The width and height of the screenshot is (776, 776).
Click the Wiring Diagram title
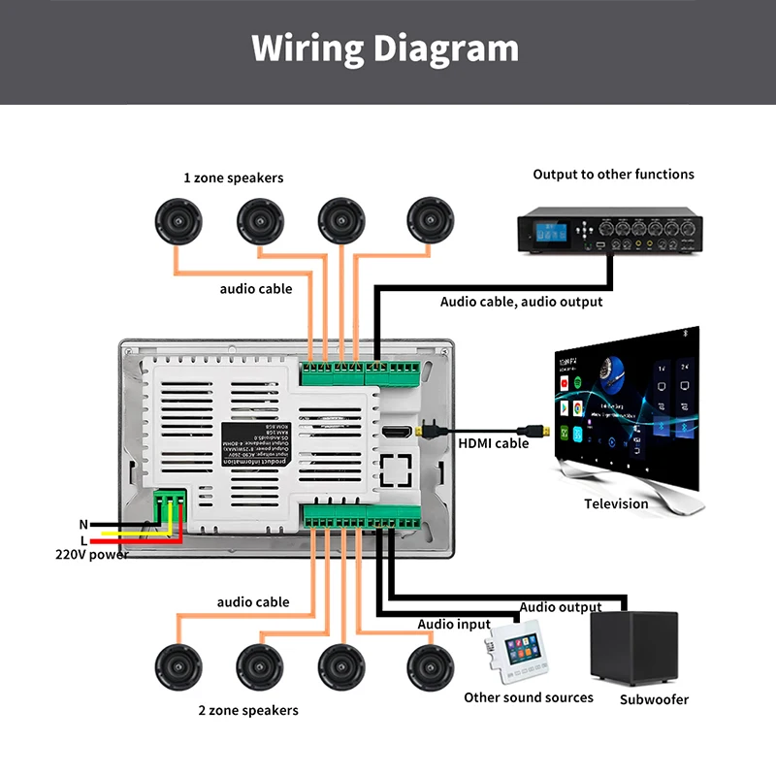385,48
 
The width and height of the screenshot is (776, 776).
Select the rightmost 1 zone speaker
430,221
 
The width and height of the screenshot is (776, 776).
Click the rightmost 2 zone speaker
430,667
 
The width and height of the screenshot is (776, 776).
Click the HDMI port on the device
395,432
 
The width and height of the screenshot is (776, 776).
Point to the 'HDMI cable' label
493,443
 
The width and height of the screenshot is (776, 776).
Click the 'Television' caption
616,503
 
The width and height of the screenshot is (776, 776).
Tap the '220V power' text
91,555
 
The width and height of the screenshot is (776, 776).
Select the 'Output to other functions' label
613,175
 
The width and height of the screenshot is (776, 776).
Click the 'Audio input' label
454,624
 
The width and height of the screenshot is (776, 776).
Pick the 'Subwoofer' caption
654,699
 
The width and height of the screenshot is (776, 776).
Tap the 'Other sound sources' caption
528,697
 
